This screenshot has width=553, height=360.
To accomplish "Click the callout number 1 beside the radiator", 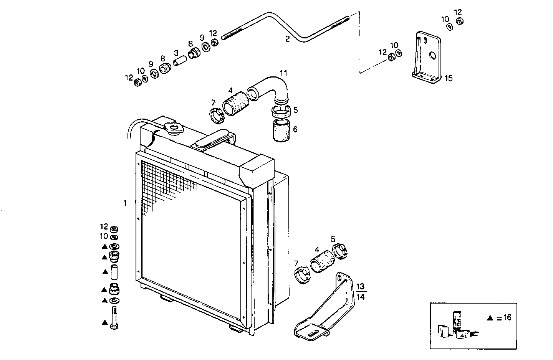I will click(x=125, y=203).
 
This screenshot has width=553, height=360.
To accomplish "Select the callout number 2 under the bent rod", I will click(x=287, y=39).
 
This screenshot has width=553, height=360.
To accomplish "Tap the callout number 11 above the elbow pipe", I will click(x=283, y=73).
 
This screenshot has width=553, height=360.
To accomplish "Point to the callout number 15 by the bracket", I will click(x=449, y=78).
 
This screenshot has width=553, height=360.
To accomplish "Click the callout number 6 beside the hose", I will click(x=295, y=129).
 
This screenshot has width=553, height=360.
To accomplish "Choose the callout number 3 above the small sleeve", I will click(x=176, y=53).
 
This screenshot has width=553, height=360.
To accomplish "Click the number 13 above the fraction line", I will click(x=361, y=287).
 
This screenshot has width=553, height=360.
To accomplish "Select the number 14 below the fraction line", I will click(x=361, y=296).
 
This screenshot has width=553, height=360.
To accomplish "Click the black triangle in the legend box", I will click(x=490, y=318).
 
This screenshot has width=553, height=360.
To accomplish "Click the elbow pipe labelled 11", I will click(x=273, y=88).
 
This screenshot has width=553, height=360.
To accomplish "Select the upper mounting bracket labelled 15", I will click(x=427, y=58).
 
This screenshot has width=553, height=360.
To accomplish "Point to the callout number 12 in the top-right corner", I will click(x=458, y=12).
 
